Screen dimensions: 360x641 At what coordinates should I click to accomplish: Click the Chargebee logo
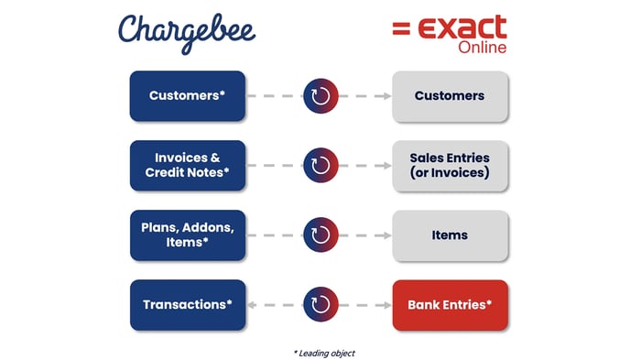tap(186, 31)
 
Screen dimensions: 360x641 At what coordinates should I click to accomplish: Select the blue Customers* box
tap(188, 95)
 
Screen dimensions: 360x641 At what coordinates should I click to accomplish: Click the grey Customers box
tap(449, 95)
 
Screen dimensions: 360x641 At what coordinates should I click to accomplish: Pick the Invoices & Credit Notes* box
tap(188, 165)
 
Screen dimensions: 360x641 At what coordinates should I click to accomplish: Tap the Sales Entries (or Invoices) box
tap(449, 165)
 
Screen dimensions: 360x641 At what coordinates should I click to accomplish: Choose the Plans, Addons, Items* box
tap(188, 235)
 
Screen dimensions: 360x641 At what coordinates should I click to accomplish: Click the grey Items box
tap(449, 235)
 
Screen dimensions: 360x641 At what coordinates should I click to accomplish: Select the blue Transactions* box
tap(188, 304)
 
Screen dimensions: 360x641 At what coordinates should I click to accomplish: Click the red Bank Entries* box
tap(449, 304)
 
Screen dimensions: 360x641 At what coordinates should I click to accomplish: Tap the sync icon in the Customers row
tap(320, 95)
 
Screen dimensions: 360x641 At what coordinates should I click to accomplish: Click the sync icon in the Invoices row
tap(320, 165)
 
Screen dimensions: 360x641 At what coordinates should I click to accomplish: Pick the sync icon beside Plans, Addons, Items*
tap(320, 235)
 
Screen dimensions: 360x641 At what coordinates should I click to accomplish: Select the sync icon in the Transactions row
tap(320, 304)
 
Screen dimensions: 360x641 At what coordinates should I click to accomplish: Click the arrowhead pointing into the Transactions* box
tap(252, 304)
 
